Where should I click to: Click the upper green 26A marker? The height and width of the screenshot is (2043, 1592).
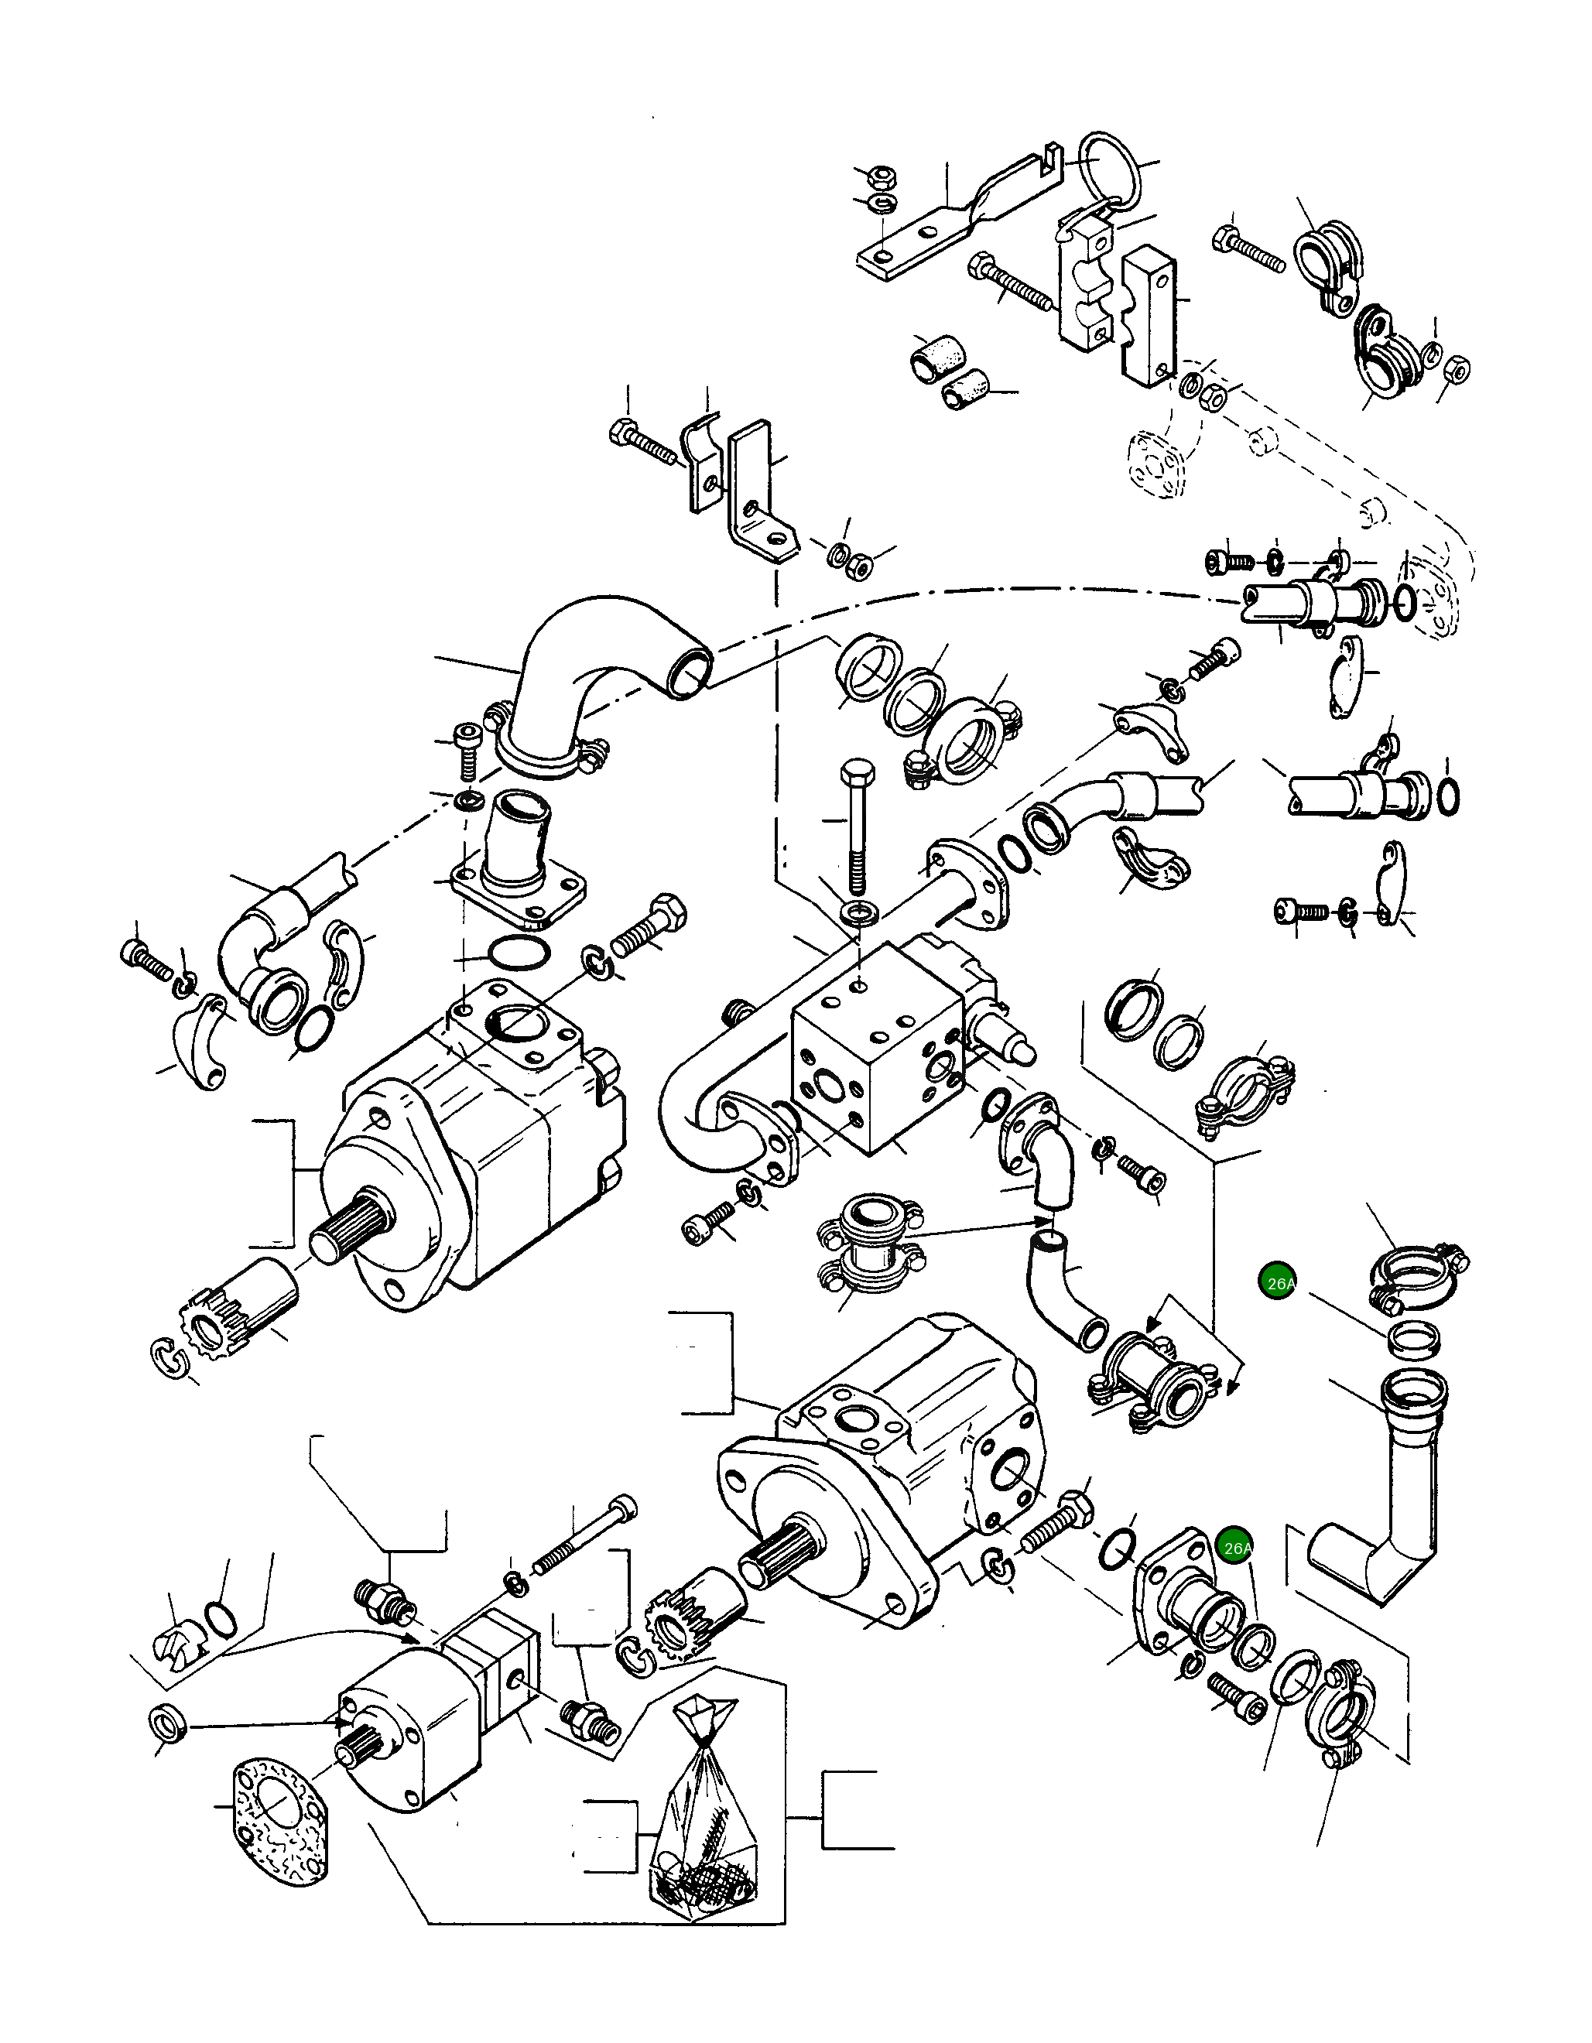1278,1282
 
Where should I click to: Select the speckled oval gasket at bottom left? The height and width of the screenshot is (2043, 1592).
278,1822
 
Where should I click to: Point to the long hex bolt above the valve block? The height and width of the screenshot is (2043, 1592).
856,828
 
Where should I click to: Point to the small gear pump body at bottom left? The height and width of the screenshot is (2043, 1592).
421,1721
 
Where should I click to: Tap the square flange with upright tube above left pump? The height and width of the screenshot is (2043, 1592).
519,861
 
